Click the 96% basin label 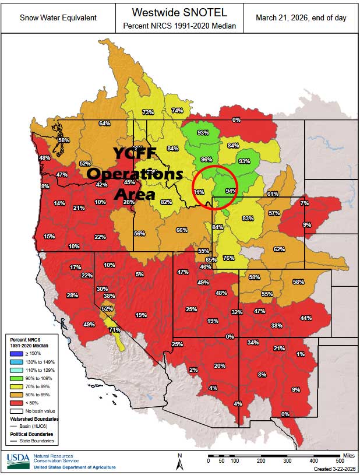[x=206, y=159]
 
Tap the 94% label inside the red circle [x=231, y=191]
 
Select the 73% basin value [x=148, y=112]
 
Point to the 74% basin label [x=177, y=111]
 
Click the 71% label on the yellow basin [x=115, y=330]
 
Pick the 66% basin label [x=182, y=230]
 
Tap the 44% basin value [x=306, y=318]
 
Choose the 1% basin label [x=300, y=354]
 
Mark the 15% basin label [x=49, y=236]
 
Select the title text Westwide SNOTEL [x=180, y=12]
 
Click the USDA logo [x=17, y=461]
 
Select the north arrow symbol [x=180, y=462]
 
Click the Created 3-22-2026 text [x=334, y=469]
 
